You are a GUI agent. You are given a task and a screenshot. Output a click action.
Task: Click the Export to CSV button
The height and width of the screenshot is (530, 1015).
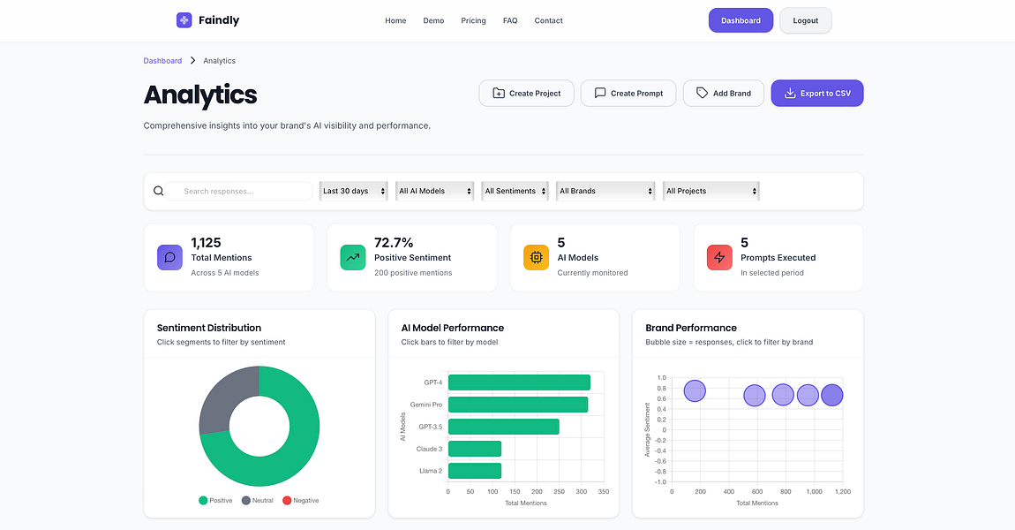click(x=817, y=94)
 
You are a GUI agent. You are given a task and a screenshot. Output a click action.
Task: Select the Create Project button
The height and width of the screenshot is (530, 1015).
click(x=526, y=94)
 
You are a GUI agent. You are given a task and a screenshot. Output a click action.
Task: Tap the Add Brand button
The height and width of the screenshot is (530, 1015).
click(x=724, y=94)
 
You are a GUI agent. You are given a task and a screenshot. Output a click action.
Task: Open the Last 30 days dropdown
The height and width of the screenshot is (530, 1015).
click(x=353, y=191)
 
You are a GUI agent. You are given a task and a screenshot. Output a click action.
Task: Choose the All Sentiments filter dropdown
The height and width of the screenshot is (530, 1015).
click(x=515, y=191)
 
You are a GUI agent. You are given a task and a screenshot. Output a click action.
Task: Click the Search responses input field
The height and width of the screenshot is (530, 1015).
click(x=238, y=191)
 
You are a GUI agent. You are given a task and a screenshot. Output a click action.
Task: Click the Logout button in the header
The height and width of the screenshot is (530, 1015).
click(x=805, y=20)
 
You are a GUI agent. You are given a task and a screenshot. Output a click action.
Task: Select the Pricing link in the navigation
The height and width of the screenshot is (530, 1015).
click(x=473, y=20)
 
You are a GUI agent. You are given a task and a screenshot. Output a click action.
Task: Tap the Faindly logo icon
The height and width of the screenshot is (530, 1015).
click(x=184, y=20)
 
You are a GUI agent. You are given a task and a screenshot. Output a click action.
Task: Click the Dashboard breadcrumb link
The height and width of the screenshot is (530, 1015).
click(x=162, y=61)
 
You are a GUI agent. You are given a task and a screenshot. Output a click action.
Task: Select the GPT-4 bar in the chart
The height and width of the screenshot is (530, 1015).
click(x=519, y=382)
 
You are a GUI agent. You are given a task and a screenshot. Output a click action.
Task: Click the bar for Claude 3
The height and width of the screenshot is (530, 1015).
click(x=475, y=449)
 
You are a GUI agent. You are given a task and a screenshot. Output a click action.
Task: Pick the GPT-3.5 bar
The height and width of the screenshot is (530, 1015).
click(x=504, y=427)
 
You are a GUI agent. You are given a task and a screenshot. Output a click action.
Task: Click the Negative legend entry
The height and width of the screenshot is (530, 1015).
click(x=300, y=500)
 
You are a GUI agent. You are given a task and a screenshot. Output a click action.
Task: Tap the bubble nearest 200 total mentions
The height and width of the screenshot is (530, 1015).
click(x=695, y=390)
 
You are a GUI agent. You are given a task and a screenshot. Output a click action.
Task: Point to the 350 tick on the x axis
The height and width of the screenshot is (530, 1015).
click(x=604, y=492)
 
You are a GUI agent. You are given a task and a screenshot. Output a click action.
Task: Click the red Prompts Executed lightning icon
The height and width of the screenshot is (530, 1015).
click(x=719, y=257)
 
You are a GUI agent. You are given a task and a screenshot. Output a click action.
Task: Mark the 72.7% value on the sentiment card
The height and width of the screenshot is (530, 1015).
click(x=394, y=242)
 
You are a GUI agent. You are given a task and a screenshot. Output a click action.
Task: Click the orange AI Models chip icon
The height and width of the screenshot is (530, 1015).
click(x=536, y=257)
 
